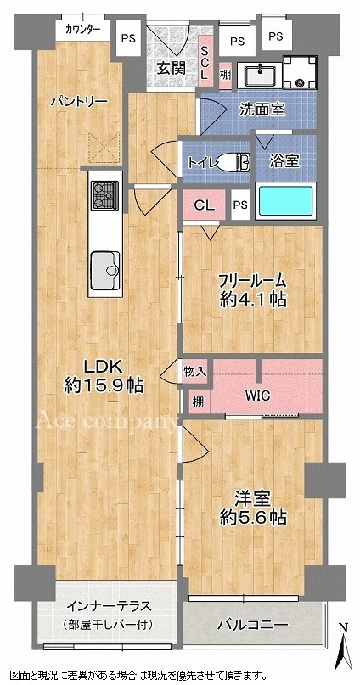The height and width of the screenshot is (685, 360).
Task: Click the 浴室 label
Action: tap(284, 159)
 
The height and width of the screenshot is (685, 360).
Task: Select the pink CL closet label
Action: tap(204, 205)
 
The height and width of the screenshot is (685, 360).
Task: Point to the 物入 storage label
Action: tap(194, 371)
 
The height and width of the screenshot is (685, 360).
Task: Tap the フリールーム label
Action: tap(251, 280)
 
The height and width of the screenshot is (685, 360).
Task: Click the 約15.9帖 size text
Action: tap(104, 385)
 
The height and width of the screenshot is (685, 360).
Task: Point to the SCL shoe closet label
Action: tap(205, 63)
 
